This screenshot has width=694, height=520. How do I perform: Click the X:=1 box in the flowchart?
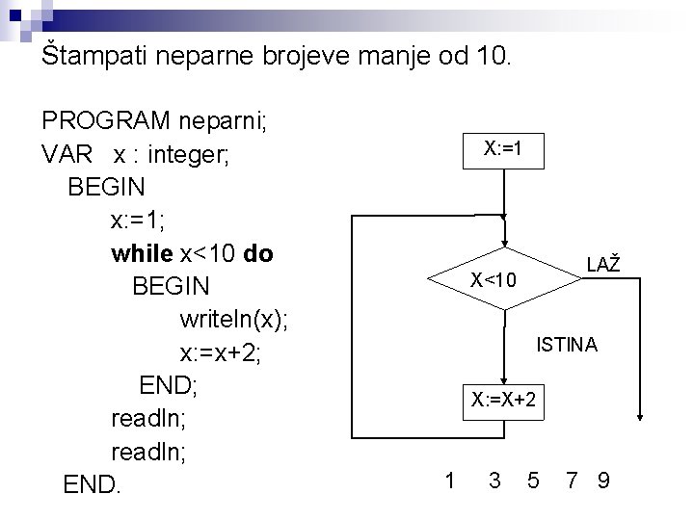click(x=503, y=148)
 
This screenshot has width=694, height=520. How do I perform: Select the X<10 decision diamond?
click(x=503, y=280)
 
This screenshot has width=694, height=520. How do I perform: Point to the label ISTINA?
click(x=568, y=344)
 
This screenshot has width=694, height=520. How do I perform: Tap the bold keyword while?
click(x=143, y=254)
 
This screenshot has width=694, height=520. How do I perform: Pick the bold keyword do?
click(x=260, y=254)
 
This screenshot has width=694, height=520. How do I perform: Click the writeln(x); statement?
click(x=233, y=320)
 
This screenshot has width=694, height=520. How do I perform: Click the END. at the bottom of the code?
click(x=93, y=484)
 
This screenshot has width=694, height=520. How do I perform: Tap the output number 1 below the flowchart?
click(x=450, y=478)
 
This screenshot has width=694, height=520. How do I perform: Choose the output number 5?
click(x=533, y=478)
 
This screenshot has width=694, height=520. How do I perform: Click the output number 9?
click(x=603, y=478)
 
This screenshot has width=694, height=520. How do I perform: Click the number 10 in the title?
click(x=495, y=55)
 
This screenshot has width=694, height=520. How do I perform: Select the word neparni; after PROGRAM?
click(x=227, y=122)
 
